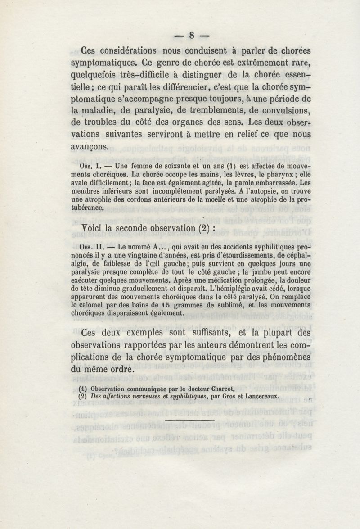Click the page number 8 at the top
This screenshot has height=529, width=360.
[x=191, y=35]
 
